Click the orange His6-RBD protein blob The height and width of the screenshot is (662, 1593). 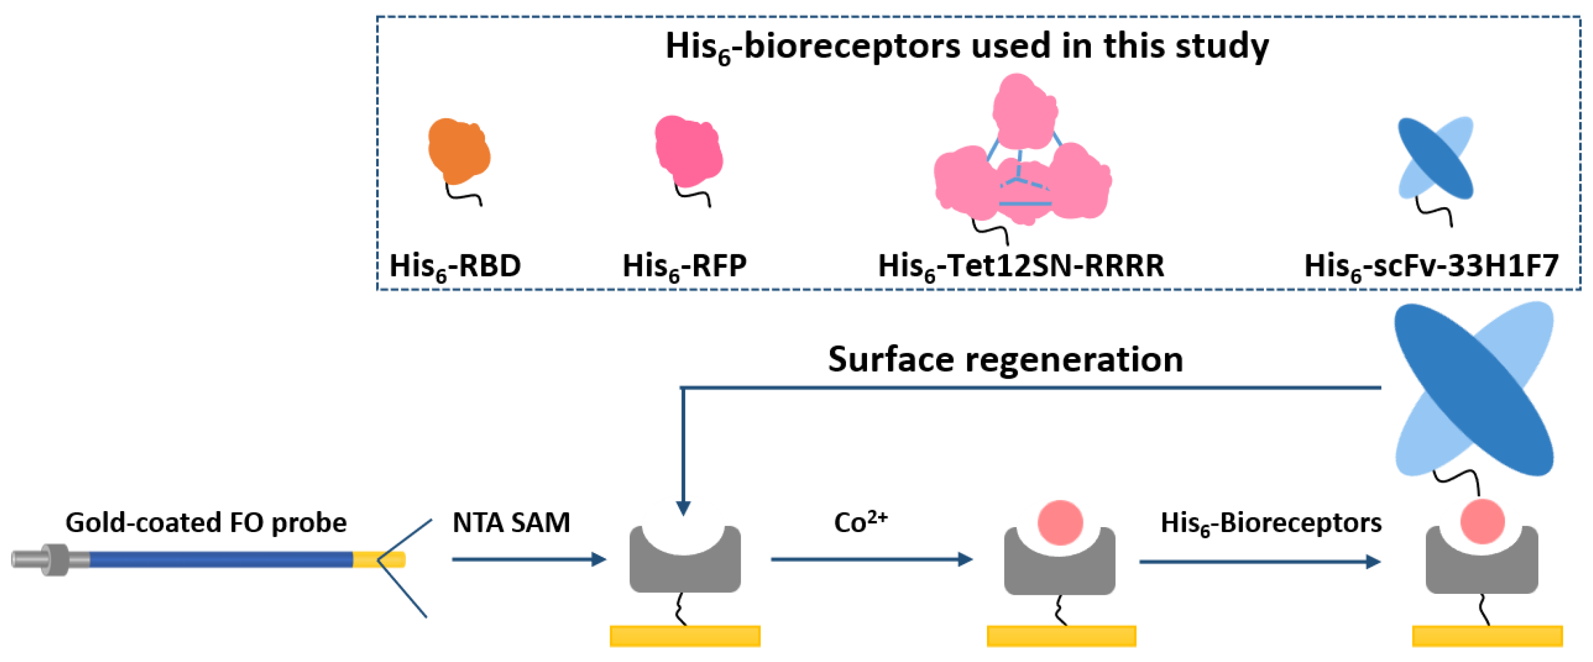(x=458, y=150)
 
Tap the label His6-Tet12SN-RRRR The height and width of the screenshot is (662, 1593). (x=1021, y=266)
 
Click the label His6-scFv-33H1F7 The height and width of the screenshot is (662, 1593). (x=1431, y=266)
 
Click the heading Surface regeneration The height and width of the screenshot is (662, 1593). (x=1005, y=360)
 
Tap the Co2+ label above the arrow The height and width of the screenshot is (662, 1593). (x=860, y=522)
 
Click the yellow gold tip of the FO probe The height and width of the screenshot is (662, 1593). (x=378, y=560)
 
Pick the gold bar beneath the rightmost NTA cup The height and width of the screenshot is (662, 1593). (x=1487, y=636)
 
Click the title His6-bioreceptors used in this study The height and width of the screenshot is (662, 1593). (x=966, y=46)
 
